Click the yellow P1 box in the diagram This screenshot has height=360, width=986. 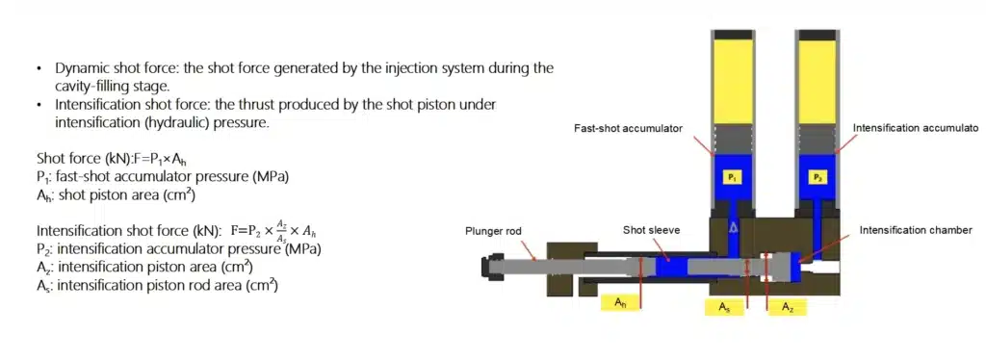(x=732, y=177)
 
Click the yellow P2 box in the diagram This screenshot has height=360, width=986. (x=817, y=177)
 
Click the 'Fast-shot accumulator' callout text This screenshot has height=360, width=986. (x=628, y=128)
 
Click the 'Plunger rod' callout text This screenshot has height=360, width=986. (x=491, y=230)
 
